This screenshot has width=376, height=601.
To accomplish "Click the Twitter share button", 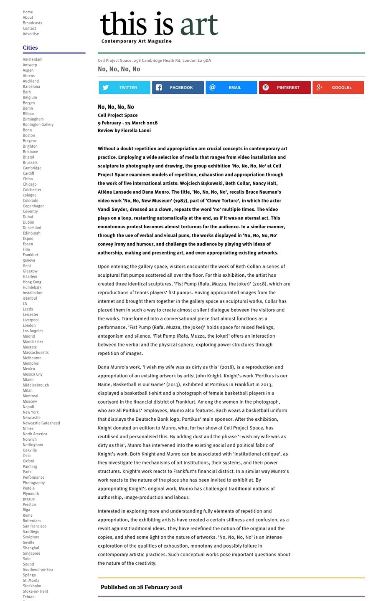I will [124, 88].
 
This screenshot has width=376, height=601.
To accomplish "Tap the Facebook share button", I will [178, 88].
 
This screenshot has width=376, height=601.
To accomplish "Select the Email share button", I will [231, 88].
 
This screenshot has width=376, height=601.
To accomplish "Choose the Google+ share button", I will [338, 88].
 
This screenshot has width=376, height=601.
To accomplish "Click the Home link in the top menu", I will [28, 12].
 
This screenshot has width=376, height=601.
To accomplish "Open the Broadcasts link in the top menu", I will [32, 23].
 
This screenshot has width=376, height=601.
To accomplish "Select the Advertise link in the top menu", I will [30, 34].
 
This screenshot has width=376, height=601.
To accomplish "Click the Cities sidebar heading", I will [30, 48].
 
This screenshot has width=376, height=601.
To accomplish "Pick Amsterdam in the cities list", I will [32, 60].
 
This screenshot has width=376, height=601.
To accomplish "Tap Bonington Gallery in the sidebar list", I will [38, 125].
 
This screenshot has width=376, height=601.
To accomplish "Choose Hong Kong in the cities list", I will [32, 282].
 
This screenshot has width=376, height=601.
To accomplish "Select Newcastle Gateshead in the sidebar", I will [41, 423].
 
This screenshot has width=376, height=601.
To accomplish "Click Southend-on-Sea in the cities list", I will [38, 570].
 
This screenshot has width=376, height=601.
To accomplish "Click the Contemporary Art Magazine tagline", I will [136, 41].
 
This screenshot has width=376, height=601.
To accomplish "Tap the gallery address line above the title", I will [154, 61].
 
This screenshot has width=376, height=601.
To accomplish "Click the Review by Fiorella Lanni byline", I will [124, 131].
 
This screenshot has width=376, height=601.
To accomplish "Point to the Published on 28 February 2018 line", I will [141, 587].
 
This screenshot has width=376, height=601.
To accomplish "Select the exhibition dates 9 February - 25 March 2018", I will [127, 123].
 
